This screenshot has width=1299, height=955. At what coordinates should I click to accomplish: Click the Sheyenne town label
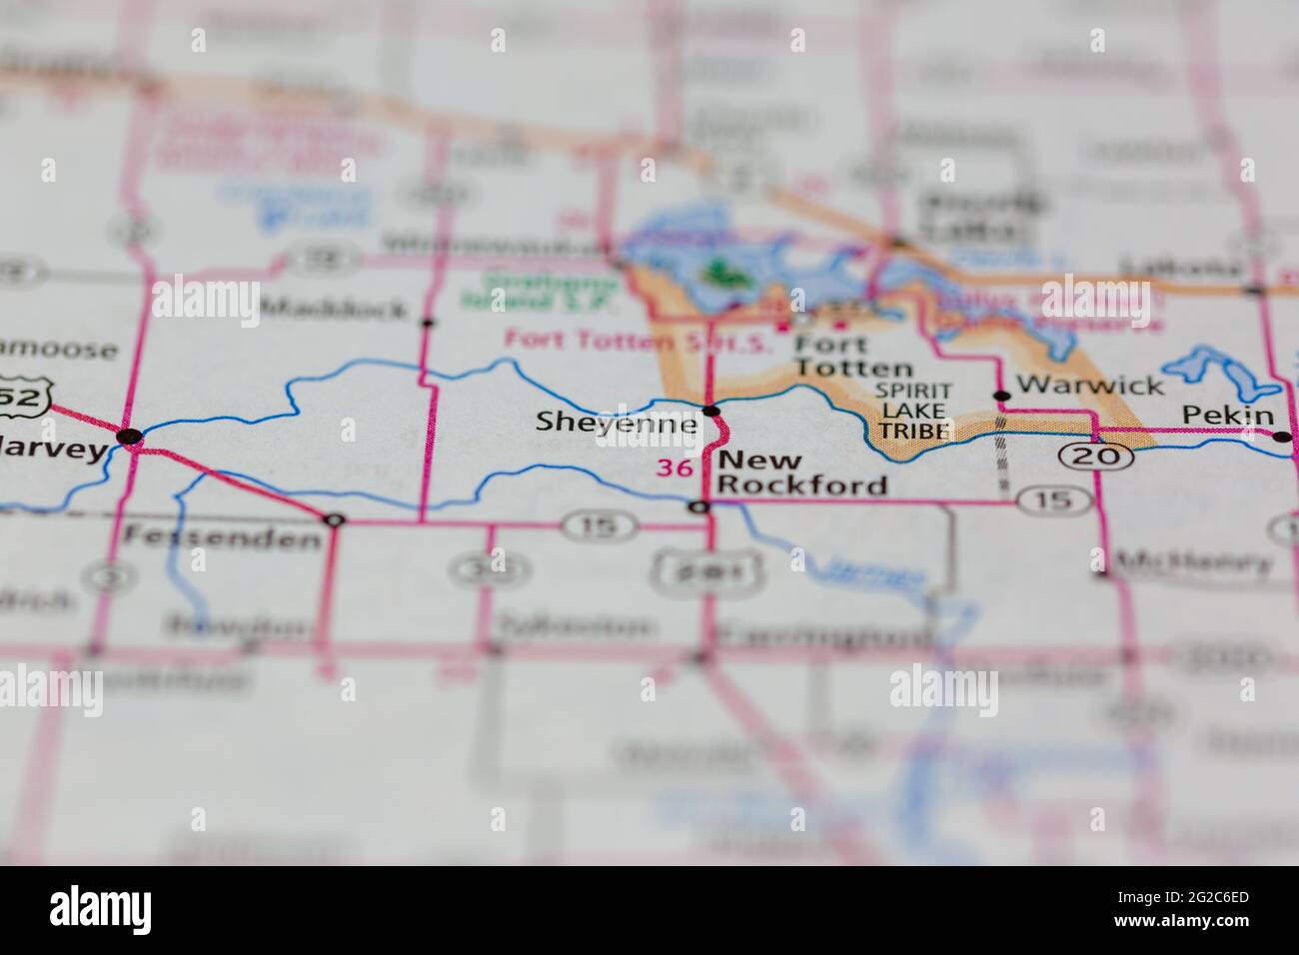point(616,423)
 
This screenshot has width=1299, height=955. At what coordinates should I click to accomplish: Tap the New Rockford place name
point(802,473)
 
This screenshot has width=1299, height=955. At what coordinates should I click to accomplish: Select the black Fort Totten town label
point(852,356)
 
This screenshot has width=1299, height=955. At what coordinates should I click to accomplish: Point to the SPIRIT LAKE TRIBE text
point(914,411)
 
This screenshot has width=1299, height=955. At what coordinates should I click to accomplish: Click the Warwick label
point(1089,386)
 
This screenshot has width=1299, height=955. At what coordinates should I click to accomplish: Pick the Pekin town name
point(1228,416)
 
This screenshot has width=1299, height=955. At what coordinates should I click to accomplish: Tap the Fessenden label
point(222,538)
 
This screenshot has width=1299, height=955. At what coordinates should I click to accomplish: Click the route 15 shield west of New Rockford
point(598,524)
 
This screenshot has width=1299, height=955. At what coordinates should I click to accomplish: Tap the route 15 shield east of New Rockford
point(1053,500)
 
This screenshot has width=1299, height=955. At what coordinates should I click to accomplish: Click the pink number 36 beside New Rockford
point(673,467)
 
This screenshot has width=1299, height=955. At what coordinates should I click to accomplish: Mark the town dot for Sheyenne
point(711,411)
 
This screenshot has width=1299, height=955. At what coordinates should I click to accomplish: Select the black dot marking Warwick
point(1001,396)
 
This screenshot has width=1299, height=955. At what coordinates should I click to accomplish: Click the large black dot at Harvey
point(129,436)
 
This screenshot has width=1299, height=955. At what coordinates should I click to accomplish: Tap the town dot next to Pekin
point(1281,436)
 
